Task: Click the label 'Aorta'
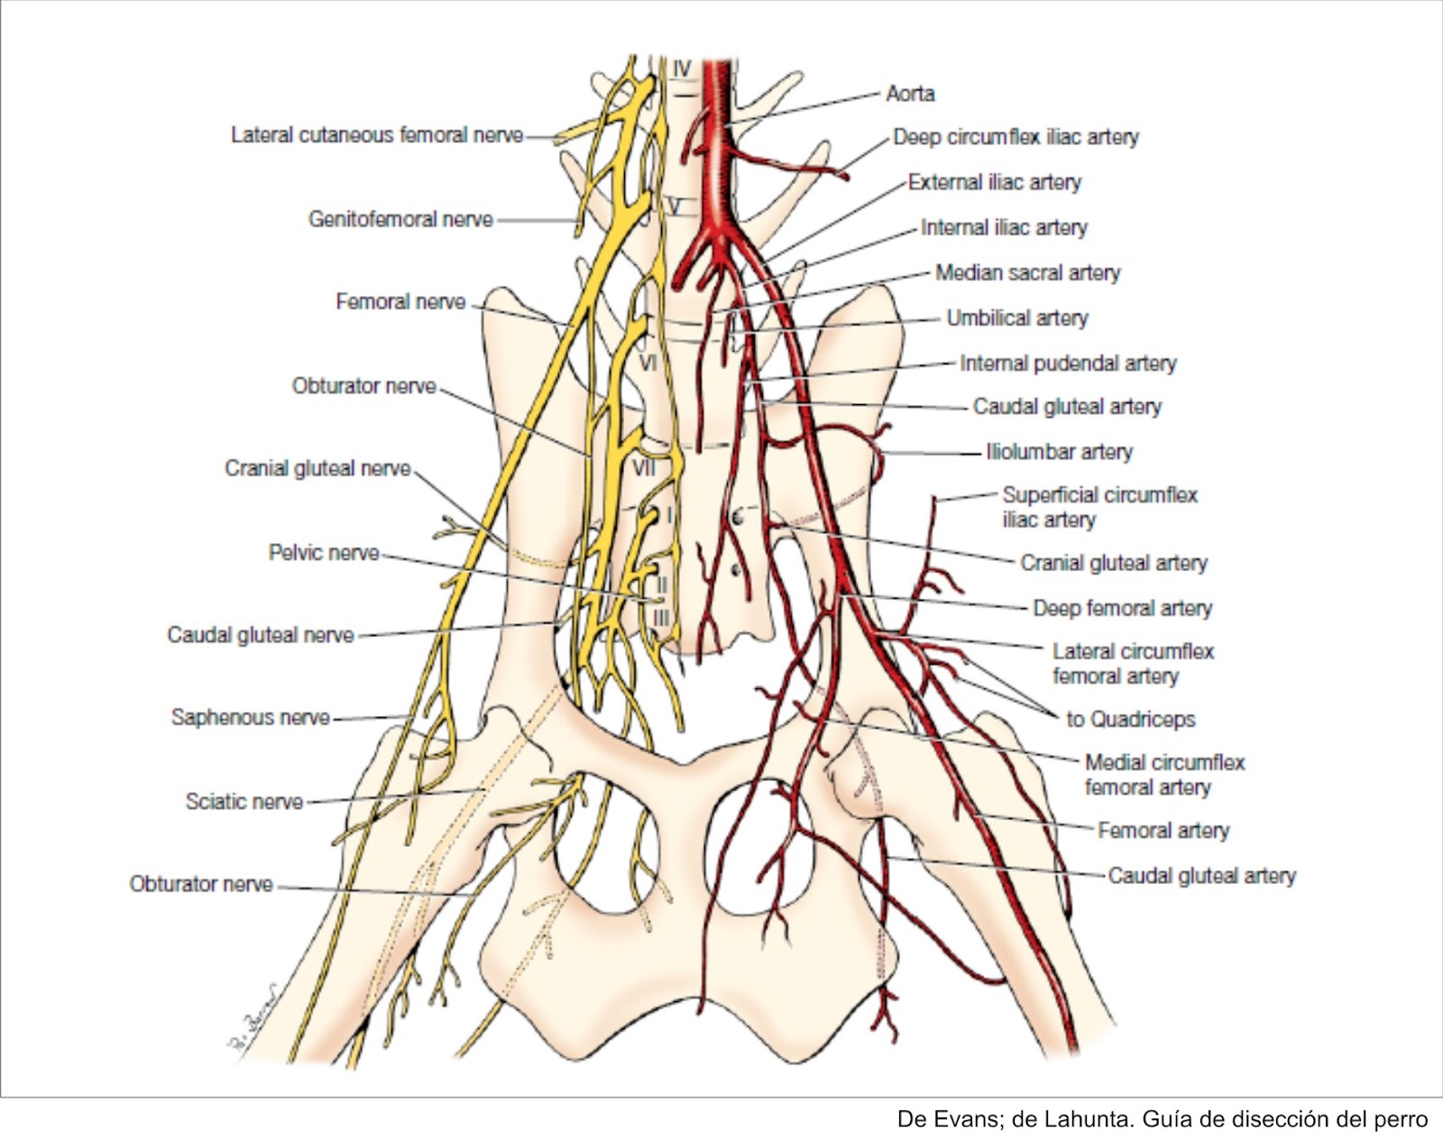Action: pos(910,94)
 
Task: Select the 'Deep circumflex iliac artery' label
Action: pos(1016,137)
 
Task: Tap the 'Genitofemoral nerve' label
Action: pos(400,219)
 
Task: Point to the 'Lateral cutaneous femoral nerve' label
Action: pos(377,135)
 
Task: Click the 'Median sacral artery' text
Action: pos(1027,272)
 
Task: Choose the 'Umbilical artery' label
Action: pos(1016,318)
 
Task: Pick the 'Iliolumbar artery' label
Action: pos(1059,452)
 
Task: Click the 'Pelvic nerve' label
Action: pos(324,553)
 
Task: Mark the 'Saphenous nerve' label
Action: pos(251,718)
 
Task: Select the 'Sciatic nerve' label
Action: pos(244,802)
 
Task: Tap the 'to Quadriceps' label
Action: pos(1130,720)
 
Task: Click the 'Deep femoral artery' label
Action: pos(1122,609)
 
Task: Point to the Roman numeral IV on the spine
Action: pos(682,69)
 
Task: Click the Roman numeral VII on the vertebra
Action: pos(644,468)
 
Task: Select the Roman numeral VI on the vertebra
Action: pos(648,364)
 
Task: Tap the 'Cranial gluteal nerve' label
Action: pos(317,469)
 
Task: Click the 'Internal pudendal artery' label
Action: pos(1068,364)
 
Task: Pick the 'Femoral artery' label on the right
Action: pos(1163,831)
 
